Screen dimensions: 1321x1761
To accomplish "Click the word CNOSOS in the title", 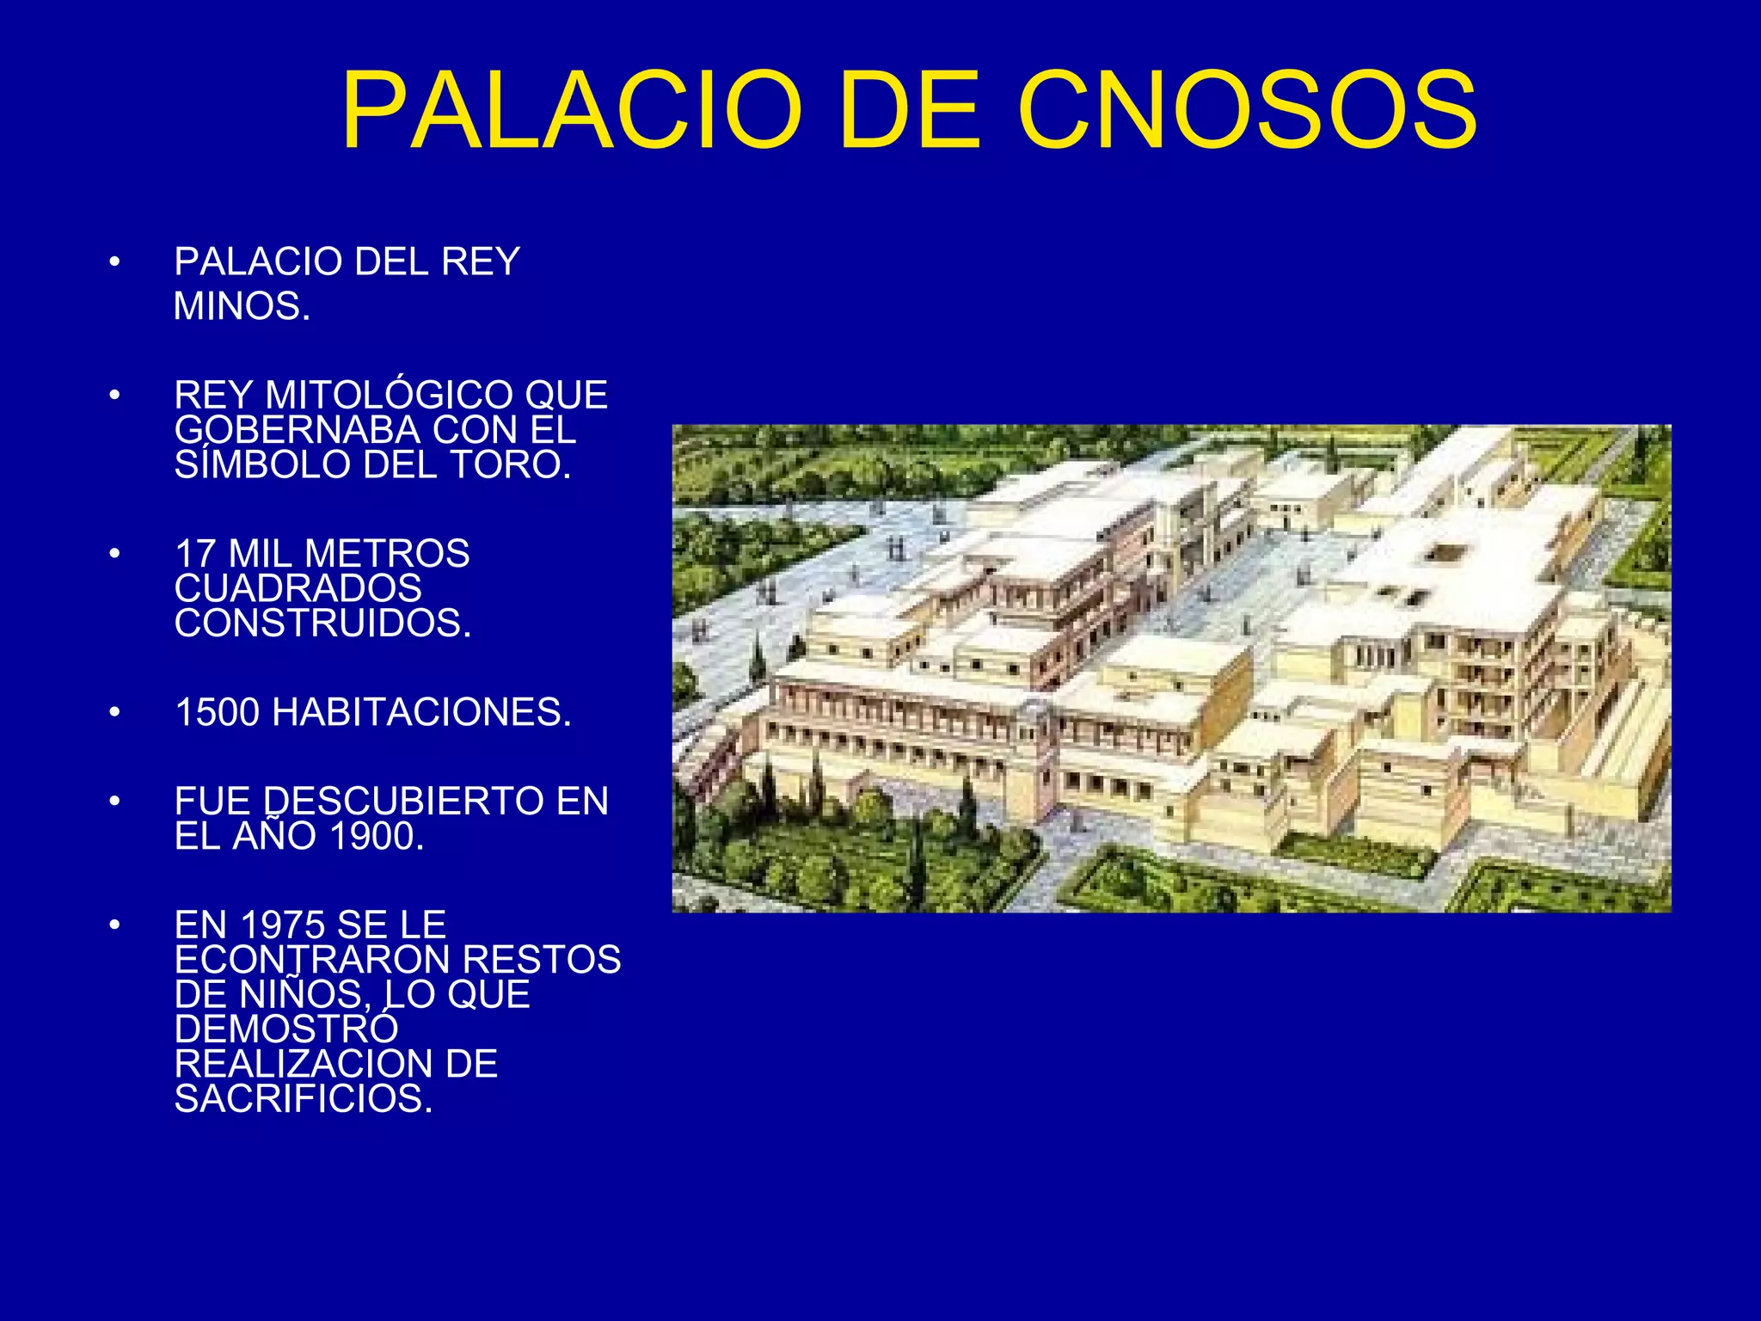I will tap(1247, 112).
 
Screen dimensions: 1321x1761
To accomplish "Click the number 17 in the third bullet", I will tap(195, 554).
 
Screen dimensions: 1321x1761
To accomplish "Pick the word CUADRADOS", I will tap(298, 589).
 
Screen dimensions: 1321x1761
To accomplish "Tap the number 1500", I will tap(218, 713).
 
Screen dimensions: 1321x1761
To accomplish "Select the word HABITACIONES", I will tap(420, 713).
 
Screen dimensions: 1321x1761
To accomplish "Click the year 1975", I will tap(283, 925).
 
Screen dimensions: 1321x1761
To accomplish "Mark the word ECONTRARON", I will tap(305, 960).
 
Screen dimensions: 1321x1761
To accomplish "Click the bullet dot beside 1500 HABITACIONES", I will tap(115, 713).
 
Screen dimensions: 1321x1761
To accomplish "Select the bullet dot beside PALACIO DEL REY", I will tap(115, 261).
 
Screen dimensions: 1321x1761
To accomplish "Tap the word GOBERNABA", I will tap(297, 430).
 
